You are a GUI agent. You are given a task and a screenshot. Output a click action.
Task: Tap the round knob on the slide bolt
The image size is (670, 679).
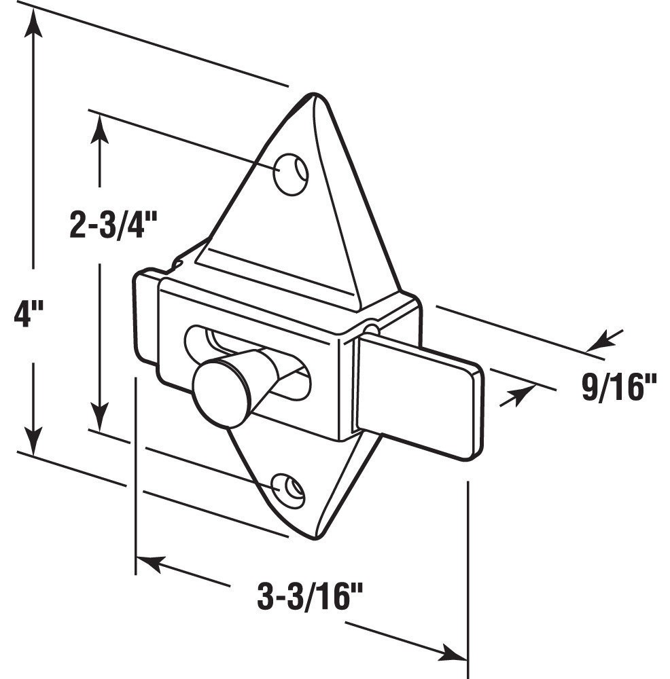click(x=219, y=392)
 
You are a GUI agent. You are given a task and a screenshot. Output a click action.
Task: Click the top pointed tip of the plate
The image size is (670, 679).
click(x=310, y=98)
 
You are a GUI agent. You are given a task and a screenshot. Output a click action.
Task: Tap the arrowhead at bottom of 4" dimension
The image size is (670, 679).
click(x=31, y=435)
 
